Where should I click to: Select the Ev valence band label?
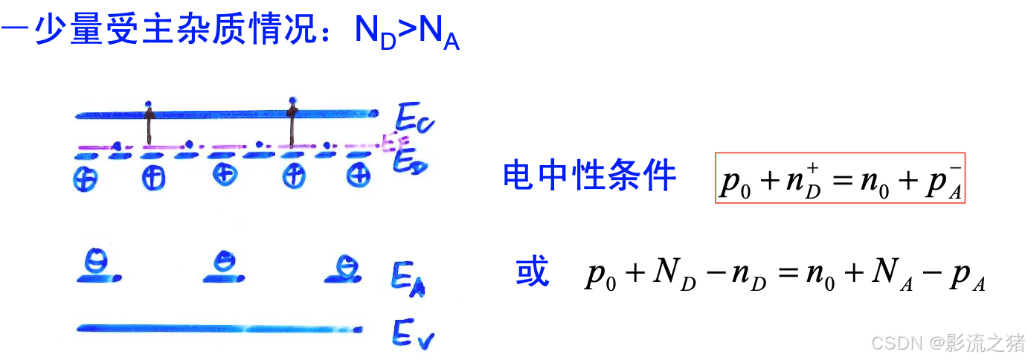click(x=412, y=336)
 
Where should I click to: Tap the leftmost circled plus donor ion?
click(x=86, y=178)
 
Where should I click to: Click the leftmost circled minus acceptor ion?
click(x=96, y=263)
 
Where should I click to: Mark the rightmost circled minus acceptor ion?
click(x=344, y=264)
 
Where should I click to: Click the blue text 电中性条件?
click(x=589, y=177)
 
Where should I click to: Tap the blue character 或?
click(x=532, y=273)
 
